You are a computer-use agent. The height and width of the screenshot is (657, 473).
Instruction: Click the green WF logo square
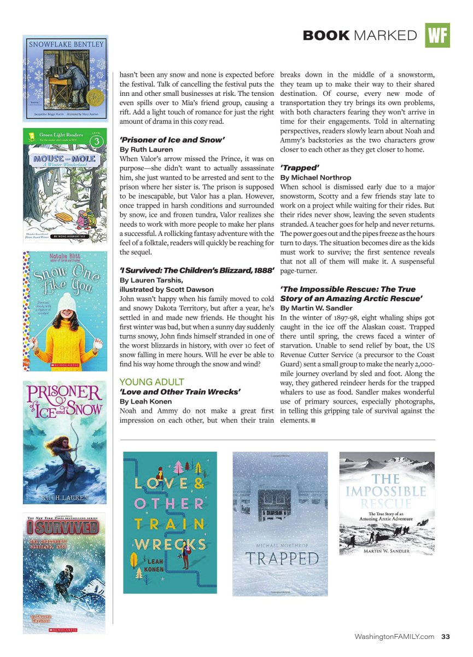437,35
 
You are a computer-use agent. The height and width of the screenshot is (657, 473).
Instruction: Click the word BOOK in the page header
326,36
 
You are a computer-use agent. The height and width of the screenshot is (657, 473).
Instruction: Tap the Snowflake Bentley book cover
65,78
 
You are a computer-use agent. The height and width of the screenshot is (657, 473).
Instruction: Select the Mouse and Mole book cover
65,185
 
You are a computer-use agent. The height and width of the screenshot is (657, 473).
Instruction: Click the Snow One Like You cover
65,310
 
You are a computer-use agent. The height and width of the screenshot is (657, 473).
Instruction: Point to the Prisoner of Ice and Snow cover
65,442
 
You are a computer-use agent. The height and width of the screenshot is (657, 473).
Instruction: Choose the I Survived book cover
64,573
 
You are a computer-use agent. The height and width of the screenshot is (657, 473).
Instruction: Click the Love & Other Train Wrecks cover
170,522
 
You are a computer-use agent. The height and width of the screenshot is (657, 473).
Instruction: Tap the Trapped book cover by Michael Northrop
280,523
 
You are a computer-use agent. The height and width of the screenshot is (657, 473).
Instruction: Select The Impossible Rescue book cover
387,503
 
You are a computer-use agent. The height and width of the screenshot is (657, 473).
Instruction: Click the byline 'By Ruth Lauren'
146,149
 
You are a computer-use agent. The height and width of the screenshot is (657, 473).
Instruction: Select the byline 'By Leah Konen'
144,401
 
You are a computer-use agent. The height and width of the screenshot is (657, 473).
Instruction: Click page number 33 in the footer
446,636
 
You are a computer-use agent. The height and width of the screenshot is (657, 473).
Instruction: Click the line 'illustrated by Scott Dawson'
166,289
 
